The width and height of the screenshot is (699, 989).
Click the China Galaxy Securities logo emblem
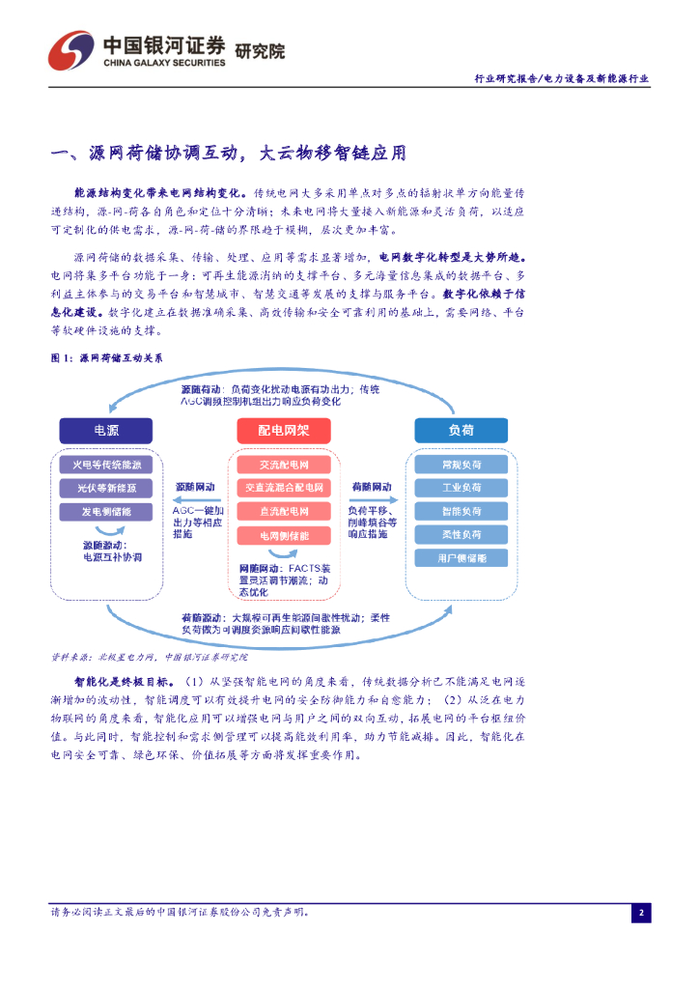pyautogui.click(x=71, y=50)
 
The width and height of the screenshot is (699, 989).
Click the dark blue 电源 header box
pyautogui.click(x=106, y=431)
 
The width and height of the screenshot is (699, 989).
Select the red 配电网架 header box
pyautogui.click(x=284, y=431)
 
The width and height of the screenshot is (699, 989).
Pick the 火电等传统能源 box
pyautogui.click(x=106, y=465)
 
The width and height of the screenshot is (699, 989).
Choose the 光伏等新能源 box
pyautogui.click(x=106, y=488)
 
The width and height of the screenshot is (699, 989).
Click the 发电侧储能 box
pyautogui.click(x=106, y=511)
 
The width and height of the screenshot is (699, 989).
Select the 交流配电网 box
pyautogui.click(x=284, y=465)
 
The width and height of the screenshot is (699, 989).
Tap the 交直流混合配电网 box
pyautogui.click(x=284, y=488)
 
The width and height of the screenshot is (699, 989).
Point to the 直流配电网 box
pyautogui.click(x=284, y=511)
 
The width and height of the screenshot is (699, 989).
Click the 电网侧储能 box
pyautogui.click(x=284, y=534)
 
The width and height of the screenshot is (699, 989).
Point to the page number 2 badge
pyautogui.click(x=641, y=912)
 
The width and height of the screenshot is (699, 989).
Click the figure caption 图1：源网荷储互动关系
pyautogui.click(x=106, y=358)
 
